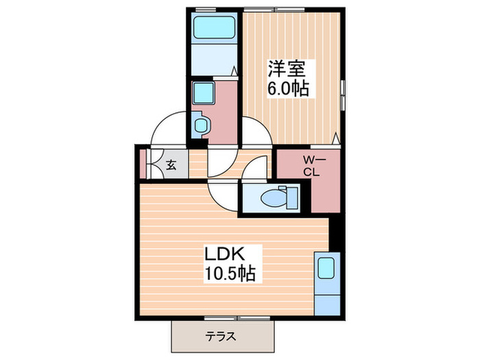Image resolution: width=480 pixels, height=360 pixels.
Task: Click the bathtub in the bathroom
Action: [213, 28]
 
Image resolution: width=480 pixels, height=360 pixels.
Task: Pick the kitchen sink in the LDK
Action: [326, 268]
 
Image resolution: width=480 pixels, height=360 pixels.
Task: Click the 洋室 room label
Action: [287, 69]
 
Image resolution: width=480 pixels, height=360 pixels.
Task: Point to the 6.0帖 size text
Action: [287, 88]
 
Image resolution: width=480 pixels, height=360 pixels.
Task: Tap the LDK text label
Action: [222, 254]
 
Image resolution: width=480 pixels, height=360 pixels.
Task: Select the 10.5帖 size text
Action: [229, 274]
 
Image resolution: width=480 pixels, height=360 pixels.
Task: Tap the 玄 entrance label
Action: [171, 165]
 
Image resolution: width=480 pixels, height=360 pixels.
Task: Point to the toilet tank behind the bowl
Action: [293, 197]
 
